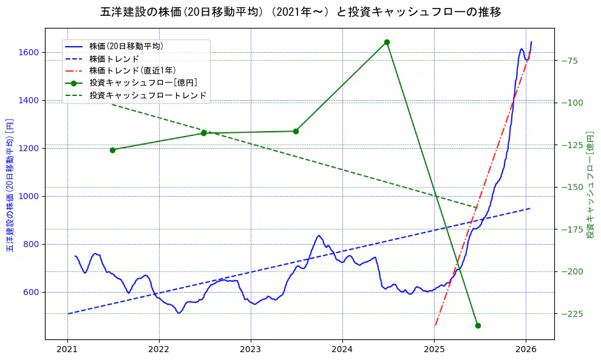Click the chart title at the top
pos(300,12)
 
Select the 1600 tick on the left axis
pos(30,52)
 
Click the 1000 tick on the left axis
pos(30,196)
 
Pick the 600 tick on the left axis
pos(33,292)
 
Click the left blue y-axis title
pos(10,184)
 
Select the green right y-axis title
pos(590,184)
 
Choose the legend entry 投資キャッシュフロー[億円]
pos(143,83)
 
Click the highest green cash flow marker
pos(387,42)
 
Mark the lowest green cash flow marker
pos(478,325)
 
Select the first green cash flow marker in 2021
pos(112,150)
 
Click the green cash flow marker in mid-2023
pos(296,131)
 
